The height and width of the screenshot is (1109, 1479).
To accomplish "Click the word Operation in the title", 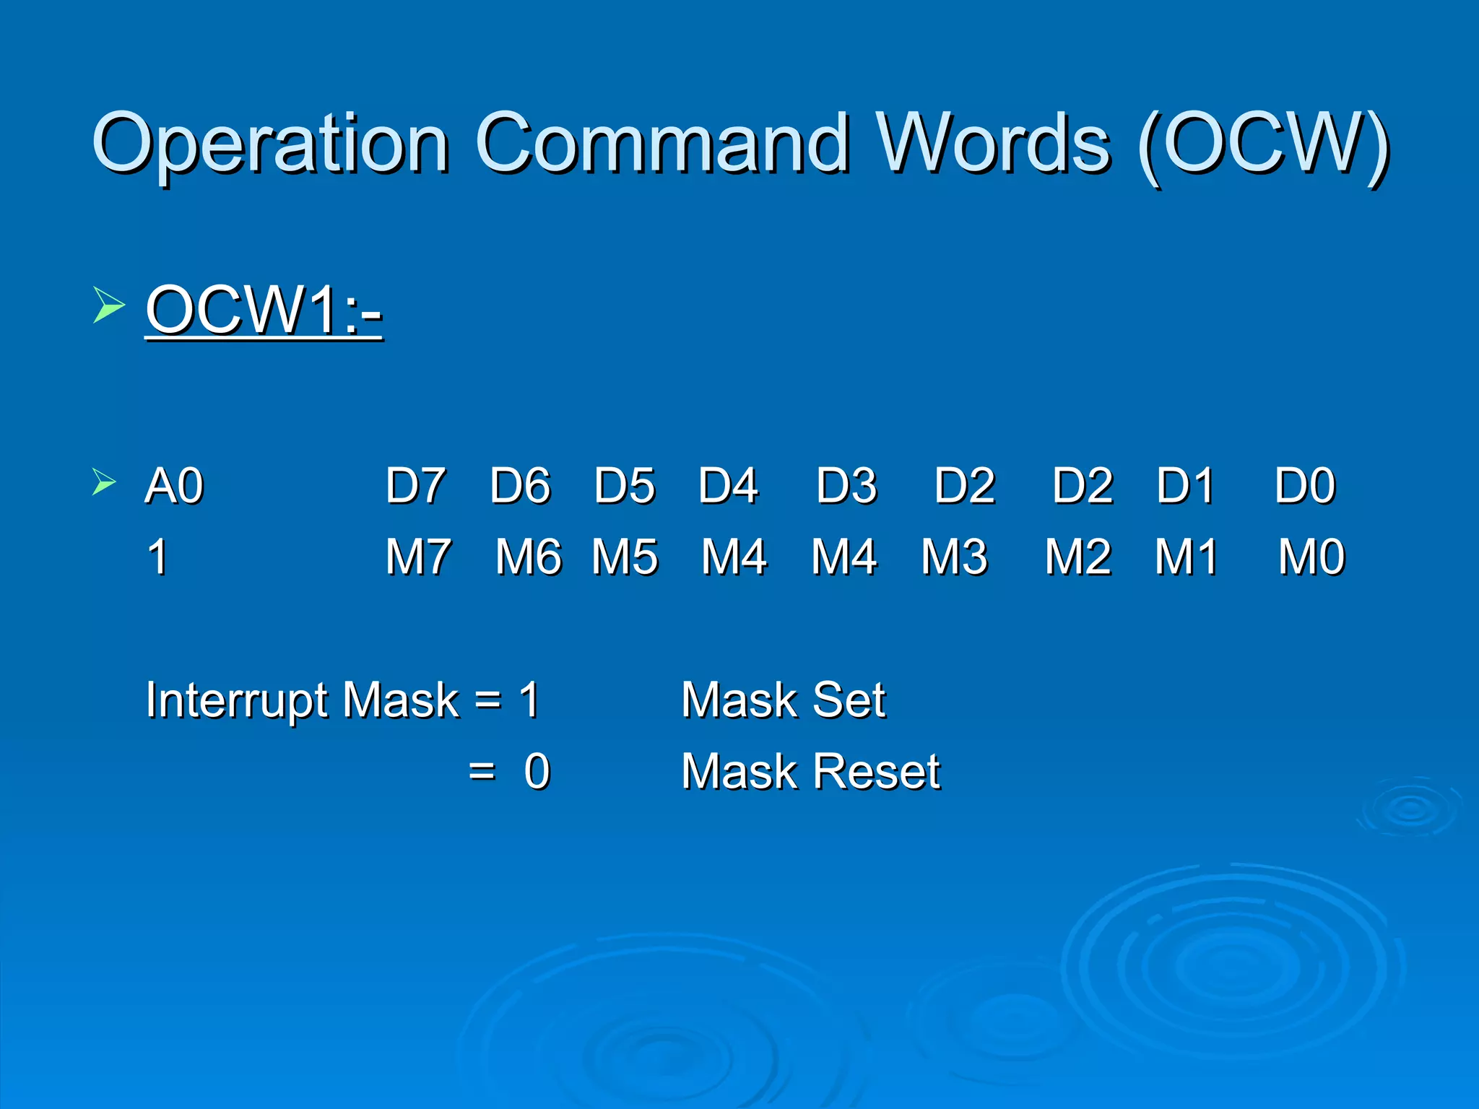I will pyautogui.click(x=271, y=144).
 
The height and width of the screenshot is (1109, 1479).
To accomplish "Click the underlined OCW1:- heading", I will pyautogui.click(x=264, y=310).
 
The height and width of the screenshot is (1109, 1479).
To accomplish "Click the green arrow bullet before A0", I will pyautogui.click(x=104, y=482).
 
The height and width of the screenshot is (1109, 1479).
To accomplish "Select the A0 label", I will pyautogui.click(x=174, y=485).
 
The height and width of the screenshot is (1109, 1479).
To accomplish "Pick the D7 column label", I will pyautogui.click(x=415, y=485).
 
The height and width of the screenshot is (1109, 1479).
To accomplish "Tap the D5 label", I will pyautogui.click(x=624, y=485).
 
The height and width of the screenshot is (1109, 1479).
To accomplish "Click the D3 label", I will pyautogui.click(x=846, y=485).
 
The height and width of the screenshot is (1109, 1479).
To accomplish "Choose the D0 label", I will pyautogui.click(x=1305, y=485).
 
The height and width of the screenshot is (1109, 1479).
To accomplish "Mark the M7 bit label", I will pyautogui.click(x=418, y=557).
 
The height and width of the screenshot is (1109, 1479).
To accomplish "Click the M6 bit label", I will pyautogui.click(x=528, y=557).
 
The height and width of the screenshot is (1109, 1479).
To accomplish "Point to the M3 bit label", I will pyautogui.click(x=954, y=557).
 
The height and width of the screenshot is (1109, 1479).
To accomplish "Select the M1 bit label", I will pyautogui.click(x=1187, y=557).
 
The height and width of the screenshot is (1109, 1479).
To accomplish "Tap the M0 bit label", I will pyautogui.click(x=1311, y=557).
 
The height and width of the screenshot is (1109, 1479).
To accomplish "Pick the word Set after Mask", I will pyautogui.click(x=849, y=700).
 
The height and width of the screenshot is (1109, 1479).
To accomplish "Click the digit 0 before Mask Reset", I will pyautogui.click(x=537, y=771).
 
